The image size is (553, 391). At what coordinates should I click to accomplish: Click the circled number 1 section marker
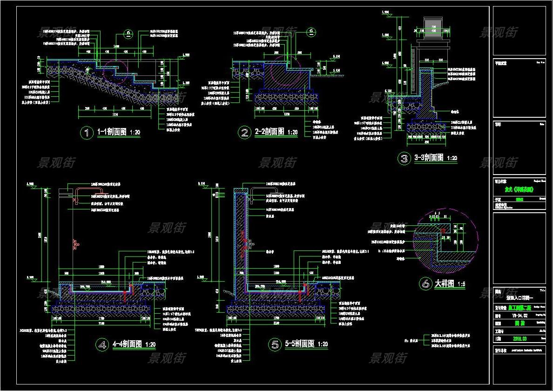point(87,133)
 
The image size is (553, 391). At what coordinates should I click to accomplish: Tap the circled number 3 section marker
point(404,158)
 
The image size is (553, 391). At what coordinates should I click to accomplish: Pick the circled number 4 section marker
point(102,344)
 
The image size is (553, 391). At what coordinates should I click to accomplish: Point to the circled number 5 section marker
point(276,344)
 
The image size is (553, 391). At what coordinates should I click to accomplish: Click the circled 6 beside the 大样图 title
point(425,283)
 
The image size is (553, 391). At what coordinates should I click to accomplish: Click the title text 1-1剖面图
point(112,132)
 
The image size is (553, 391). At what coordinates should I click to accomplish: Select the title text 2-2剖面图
point(270,132)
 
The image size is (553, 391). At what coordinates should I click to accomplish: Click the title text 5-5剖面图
point(300,344)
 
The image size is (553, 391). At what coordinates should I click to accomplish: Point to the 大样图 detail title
point(444,283)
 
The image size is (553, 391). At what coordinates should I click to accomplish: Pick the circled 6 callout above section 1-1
point(128,33)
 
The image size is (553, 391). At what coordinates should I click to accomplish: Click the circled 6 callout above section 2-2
point(311,32)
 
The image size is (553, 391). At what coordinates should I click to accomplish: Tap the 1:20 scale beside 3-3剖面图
point(451,159)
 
